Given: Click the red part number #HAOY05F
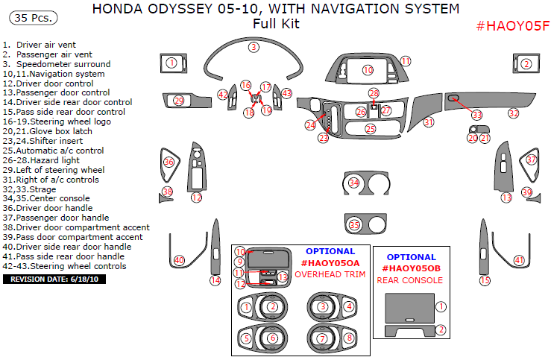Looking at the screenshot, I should click(x=513, y=26).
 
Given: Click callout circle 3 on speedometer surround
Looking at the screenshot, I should click(x=254, y=47).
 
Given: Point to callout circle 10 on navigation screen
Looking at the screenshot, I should click(x=368, y=70).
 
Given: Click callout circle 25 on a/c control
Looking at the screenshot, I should click(x=371, y=129).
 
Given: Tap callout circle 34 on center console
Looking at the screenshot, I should click(x=354, y=183).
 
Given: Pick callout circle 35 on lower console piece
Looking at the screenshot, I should click(x=354, y=224).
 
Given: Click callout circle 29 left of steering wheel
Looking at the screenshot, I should click(x=178, y=101).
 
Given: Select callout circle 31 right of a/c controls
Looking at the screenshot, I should click(x=428, y=121).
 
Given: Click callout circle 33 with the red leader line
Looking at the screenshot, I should click(x=476, y=114).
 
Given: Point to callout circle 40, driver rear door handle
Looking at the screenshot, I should click(x=179, y=259).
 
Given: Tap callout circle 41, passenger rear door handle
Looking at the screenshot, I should click(x=519, y=260).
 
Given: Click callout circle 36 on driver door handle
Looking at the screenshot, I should click(x=169, y=162).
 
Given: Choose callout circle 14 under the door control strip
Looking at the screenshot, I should click(x=215, y=280).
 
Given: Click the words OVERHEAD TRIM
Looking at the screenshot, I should click(x=330, y=274).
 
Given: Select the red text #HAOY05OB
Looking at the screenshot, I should click(x=411, y=268).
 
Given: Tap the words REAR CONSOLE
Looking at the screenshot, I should click(x=410, y=280).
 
